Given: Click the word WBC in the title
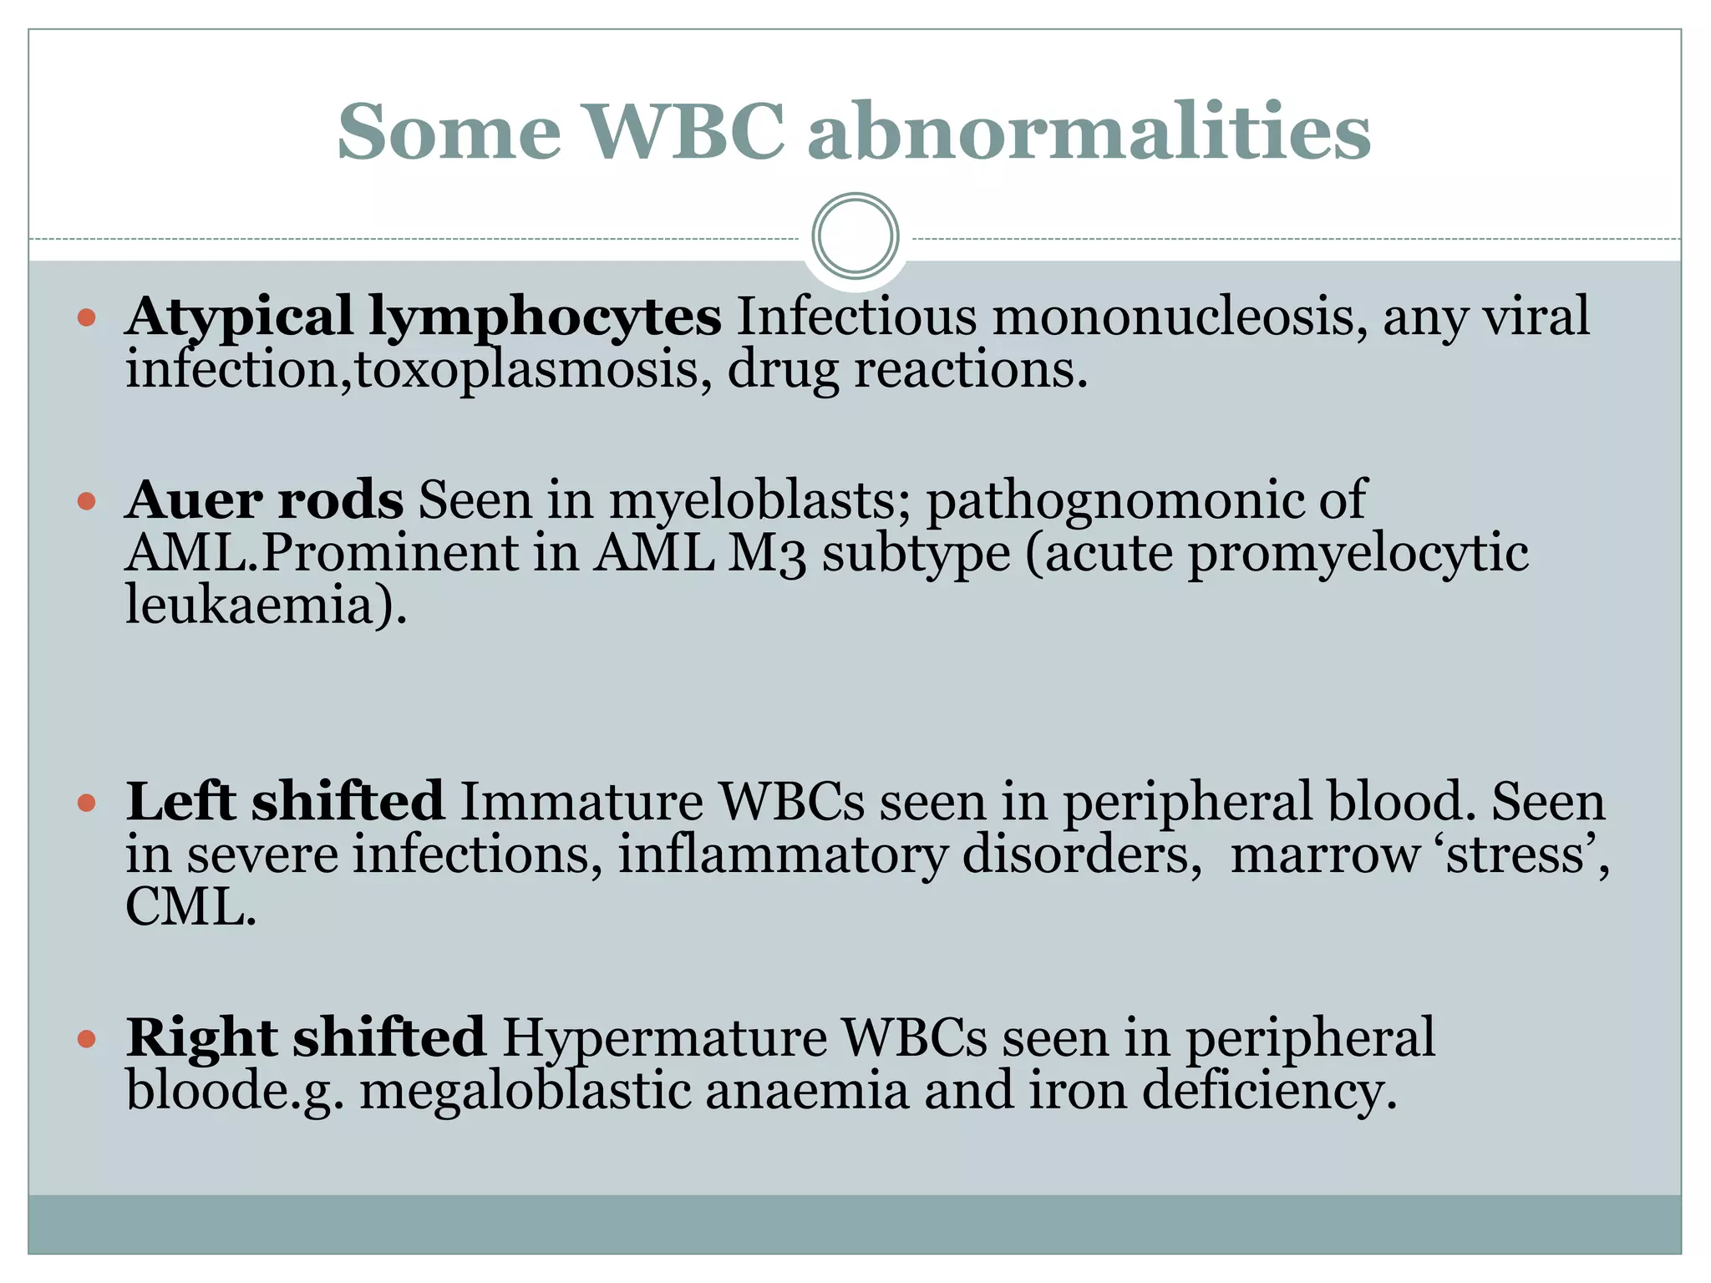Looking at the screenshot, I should click(685, 131).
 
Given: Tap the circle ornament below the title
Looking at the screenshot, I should click(855, 236).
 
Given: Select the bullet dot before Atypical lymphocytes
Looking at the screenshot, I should click(87, 317).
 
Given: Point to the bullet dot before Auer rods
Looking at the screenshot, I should click(87, 501).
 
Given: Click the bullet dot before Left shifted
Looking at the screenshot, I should click(87, 804).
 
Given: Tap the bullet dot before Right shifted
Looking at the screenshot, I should click(87, 1039).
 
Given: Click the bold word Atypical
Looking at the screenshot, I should click(239, 317).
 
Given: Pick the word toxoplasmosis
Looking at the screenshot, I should click(526, 368).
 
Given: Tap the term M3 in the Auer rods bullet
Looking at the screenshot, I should click(767, 553).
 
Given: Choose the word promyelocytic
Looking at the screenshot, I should click(1358, 555).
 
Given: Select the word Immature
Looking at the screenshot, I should click(582, 802).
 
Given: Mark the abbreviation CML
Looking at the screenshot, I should click(185, 907).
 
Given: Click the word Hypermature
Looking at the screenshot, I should click(664, 1039).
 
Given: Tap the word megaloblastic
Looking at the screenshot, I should click(525, 1092).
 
